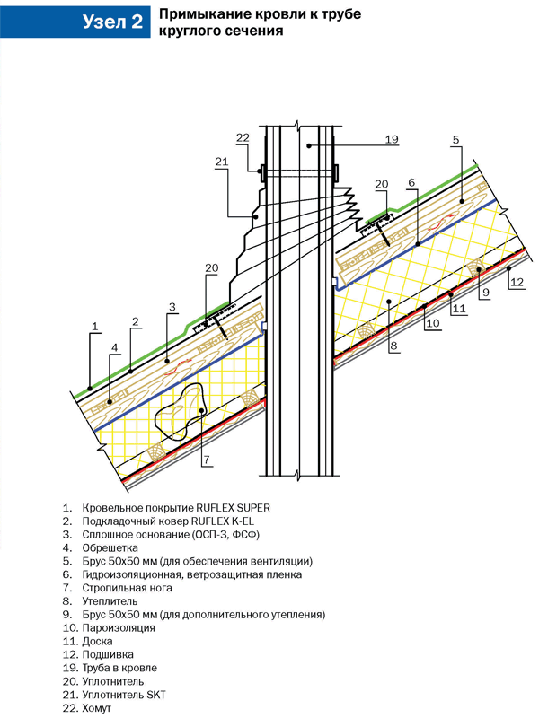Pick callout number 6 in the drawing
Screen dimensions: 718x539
click(411, 183)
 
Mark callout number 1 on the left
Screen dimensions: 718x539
click(93, 326)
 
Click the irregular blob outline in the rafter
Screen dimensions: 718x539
click(184, 415)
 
